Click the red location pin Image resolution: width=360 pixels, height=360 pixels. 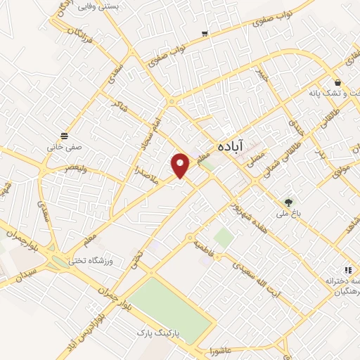coord(180,165)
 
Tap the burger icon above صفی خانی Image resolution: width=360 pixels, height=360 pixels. coord(64,135)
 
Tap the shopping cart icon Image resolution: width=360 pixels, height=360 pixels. coord(205,33)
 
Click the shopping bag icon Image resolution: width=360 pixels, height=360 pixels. coord(337,82)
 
